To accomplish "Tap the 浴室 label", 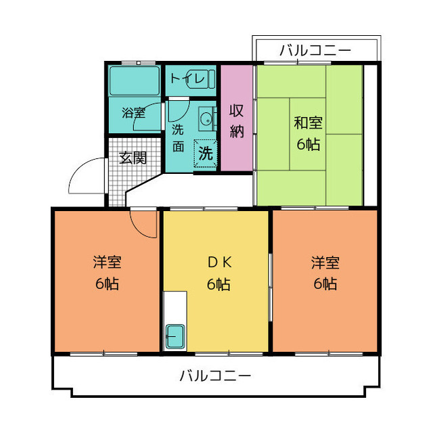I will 133,113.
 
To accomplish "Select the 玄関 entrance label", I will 133,158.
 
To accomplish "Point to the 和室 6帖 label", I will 308,133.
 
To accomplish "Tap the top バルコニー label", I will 315,50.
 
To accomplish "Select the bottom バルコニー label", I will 215,375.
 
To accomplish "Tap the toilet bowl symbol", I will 207,79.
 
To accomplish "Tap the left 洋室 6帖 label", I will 107,273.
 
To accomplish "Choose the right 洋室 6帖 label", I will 325,273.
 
